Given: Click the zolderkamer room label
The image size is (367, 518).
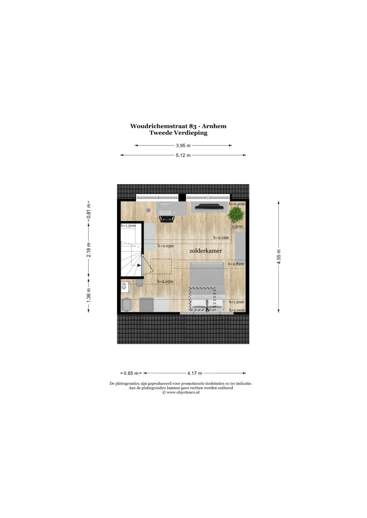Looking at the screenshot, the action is click(x=206, y=251).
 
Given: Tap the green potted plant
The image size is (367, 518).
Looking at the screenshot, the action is click(x=236, y=214).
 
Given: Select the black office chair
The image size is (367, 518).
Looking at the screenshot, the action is click(x=167, y=219).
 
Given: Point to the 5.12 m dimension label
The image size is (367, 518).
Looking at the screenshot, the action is click(x=183, y=155).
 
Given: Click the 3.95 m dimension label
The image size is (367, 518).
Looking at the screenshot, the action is click(x=183, y=146).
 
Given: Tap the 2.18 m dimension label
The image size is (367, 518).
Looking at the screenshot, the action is click(x=88, y=250).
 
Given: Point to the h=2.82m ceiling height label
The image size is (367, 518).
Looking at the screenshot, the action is click(x=236, y=264).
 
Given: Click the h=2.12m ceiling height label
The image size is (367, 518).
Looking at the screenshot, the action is click(x=221, y=237).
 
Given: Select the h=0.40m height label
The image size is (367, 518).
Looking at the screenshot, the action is click(x=237, y=204).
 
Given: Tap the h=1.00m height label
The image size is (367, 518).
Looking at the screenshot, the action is click(x=237, y=310).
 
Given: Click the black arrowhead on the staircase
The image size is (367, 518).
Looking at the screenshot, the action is click(x=139, y=265).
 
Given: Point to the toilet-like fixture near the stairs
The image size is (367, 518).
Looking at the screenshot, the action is click(x=125, y=287).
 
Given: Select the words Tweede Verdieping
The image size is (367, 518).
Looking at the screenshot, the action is click(x=178, y=133).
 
